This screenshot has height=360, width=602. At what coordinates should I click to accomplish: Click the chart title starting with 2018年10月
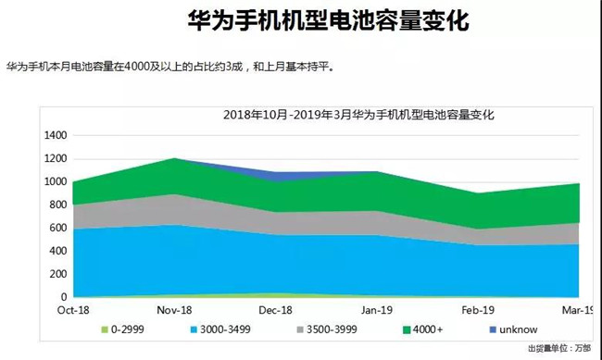359,116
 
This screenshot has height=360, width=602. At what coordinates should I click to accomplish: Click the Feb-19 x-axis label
479,310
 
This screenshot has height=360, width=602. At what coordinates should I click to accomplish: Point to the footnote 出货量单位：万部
559,348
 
